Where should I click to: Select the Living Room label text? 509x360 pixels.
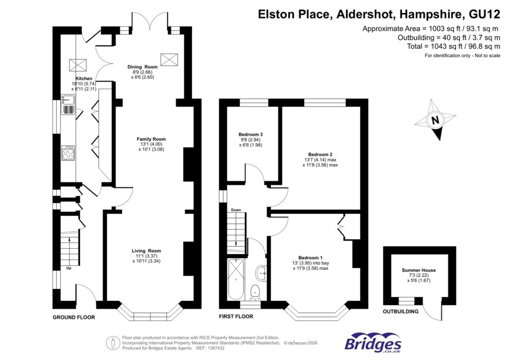tap(146, 251)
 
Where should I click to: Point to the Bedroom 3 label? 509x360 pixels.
tap(251, 135)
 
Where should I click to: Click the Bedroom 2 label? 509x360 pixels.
tap(320, 154)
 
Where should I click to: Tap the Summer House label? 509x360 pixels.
tap(419, 270)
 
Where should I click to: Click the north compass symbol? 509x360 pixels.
tap(436, 120)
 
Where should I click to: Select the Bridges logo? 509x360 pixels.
tap(373, 343)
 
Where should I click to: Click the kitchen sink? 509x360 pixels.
tap(67, 105)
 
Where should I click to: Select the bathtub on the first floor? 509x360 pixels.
tap(235, 280)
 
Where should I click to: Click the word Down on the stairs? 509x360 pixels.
tap(236, 210)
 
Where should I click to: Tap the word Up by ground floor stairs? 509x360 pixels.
tap(69, 269)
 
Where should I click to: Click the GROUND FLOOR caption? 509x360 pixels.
tap(74, 317)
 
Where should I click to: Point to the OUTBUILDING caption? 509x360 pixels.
tap(400, 312)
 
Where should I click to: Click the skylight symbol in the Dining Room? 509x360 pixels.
tap(169, 59)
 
